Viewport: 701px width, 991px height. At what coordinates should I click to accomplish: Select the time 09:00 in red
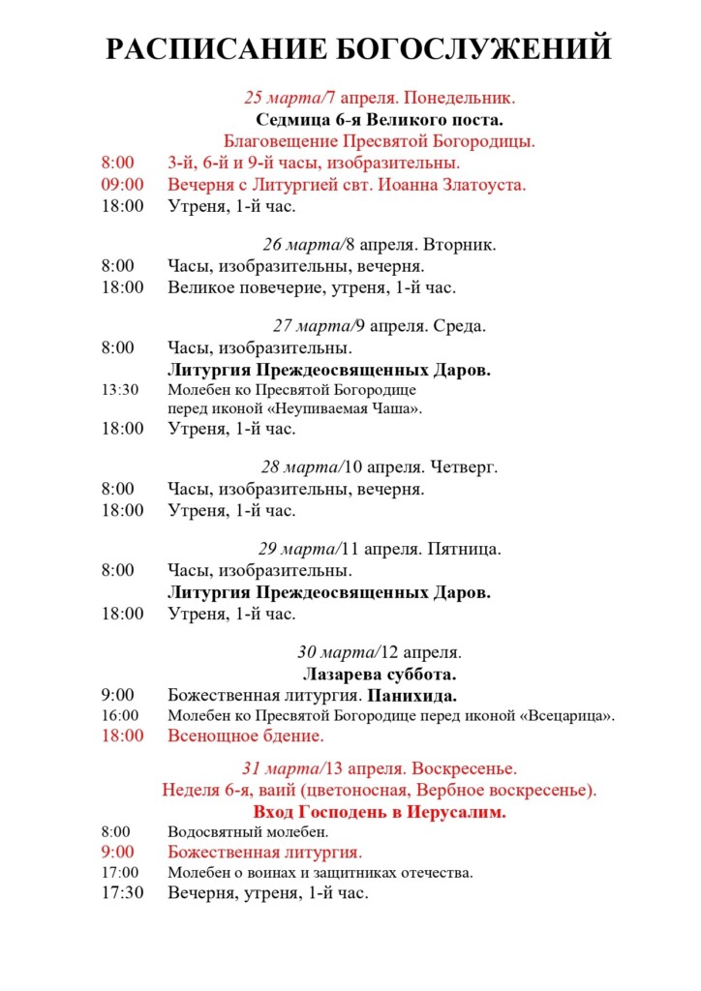pyautogui.click(x=122, y=184)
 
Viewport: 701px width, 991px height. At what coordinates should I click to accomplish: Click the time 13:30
pyautogui.click(x=120, y=390)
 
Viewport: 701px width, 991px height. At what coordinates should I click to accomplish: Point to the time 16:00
pyautogui.click(x=120, y=716)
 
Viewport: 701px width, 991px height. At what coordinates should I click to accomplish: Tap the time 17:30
pyautogui.click(x=122, y=893)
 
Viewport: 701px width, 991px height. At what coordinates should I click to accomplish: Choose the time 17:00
pyautogui.click(x=120, y=873)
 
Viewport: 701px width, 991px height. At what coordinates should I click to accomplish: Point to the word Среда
pyautogui.click(x=461, y=326)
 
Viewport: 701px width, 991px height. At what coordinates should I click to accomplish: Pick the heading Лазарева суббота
pyautogui.click(x=380, y=674)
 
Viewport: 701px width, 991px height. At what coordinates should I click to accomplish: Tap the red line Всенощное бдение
pyautogui.click(x=245, y=736)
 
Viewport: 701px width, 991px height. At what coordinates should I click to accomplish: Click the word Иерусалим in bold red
pyautogui.click(x=459, y=812)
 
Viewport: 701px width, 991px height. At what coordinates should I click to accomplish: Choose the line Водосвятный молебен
pyautogui.click(x=248, y=831)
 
